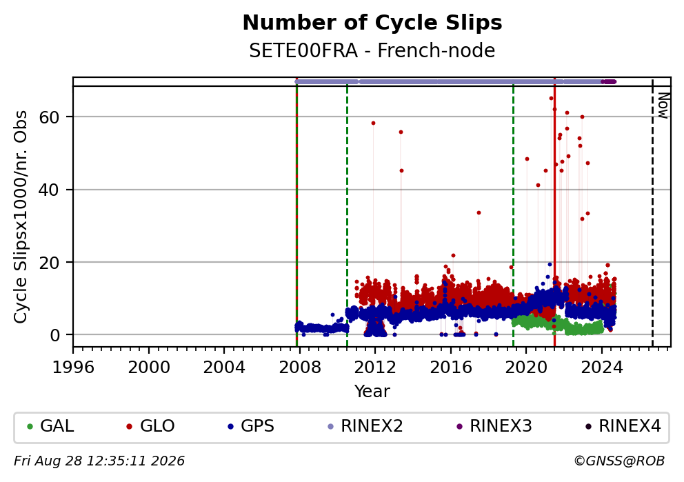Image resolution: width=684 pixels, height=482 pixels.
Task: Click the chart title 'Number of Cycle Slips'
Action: (372, 23)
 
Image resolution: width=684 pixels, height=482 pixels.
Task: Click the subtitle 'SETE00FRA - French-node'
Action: (372, 50)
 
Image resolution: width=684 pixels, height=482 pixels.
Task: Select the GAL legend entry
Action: (50, 425)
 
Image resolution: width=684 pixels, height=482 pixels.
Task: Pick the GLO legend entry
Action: (150, 425)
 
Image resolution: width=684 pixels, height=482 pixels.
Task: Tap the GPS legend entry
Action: (251, 425)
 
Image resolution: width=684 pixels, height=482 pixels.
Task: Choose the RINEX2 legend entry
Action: (365, 425)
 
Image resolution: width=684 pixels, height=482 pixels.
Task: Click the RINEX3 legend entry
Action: (494, 425)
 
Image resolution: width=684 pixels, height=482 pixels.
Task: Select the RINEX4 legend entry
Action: (623, 425)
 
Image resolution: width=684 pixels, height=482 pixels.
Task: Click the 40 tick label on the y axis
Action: (49, 190)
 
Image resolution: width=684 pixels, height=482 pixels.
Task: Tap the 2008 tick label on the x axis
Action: (300, 368)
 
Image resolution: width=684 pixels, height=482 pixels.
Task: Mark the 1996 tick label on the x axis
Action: (73, 368)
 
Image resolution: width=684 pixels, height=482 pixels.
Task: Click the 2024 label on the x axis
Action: (602, 368)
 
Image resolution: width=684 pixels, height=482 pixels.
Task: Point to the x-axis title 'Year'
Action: (372, 391)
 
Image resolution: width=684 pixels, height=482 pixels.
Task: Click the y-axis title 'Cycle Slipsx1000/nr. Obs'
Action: (21, 217)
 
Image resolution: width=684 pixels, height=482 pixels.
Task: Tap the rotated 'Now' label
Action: (663, 105)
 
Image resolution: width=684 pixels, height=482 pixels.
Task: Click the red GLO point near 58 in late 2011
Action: (374, 123)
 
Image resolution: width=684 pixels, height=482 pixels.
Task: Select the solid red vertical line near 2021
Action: (554, 212)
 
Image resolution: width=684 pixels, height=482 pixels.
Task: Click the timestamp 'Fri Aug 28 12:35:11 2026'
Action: (99, 461)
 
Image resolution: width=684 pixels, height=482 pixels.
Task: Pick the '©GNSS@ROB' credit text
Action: (619, 461)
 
